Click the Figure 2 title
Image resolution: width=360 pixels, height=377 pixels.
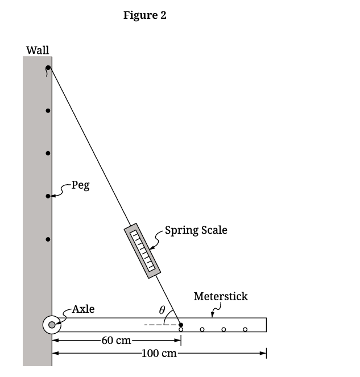pos(145,15)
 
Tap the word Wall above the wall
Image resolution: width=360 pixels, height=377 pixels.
pos(38,50)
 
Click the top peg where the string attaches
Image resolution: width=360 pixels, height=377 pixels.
pos(48,68)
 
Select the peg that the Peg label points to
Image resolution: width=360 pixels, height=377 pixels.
pos(48,196)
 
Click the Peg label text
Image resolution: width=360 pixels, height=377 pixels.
pos(80,186)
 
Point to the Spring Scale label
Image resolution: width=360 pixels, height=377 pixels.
pos(196,230)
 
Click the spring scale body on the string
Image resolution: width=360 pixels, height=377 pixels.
pos(142,250)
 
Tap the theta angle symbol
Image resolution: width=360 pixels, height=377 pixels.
pos(162,310)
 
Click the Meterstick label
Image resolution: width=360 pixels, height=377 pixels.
pos(221,296)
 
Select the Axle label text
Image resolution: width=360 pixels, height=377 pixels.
pos(83,309)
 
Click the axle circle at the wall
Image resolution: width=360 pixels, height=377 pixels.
pos(52,325)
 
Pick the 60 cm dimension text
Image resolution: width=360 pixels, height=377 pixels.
pos(116,341)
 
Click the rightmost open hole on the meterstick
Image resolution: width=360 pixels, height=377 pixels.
pos(245,329)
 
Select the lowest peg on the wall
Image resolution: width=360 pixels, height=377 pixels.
pos(48,239)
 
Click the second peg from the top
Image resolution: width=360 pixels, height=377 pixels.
pos(48,111)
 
